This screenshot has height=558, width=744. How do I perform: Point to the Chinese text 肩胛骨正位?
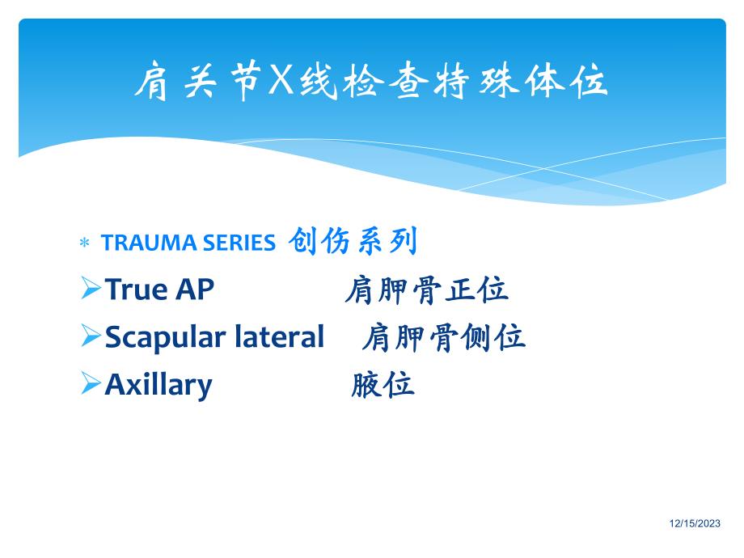[426, 290]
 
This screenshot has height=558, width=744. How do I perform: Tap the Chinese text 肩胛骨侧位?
[443, 337]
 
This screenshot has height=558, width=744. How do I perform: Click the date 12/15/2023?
[695, 524]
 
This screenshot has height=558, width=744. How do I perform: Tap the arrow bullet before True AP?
[90, 289]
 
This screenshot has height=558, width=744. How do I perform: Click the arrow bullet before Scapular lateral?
[90, 336]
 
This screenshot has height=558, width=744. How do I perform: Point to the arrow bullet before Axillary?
[90, 383]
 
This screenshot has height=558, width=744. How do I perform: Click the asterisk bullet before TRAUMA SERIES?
[83, 243]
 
